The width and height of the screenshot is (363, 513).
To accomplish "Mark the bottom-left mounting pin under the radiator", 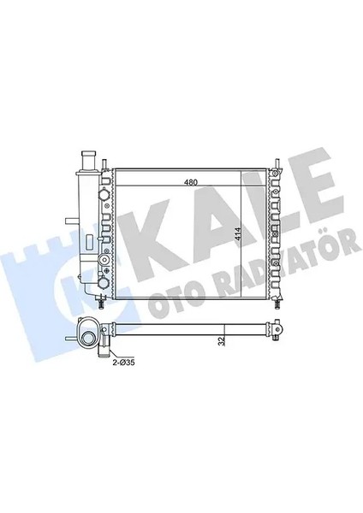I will pyautogui.click(x=103, y=300).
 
